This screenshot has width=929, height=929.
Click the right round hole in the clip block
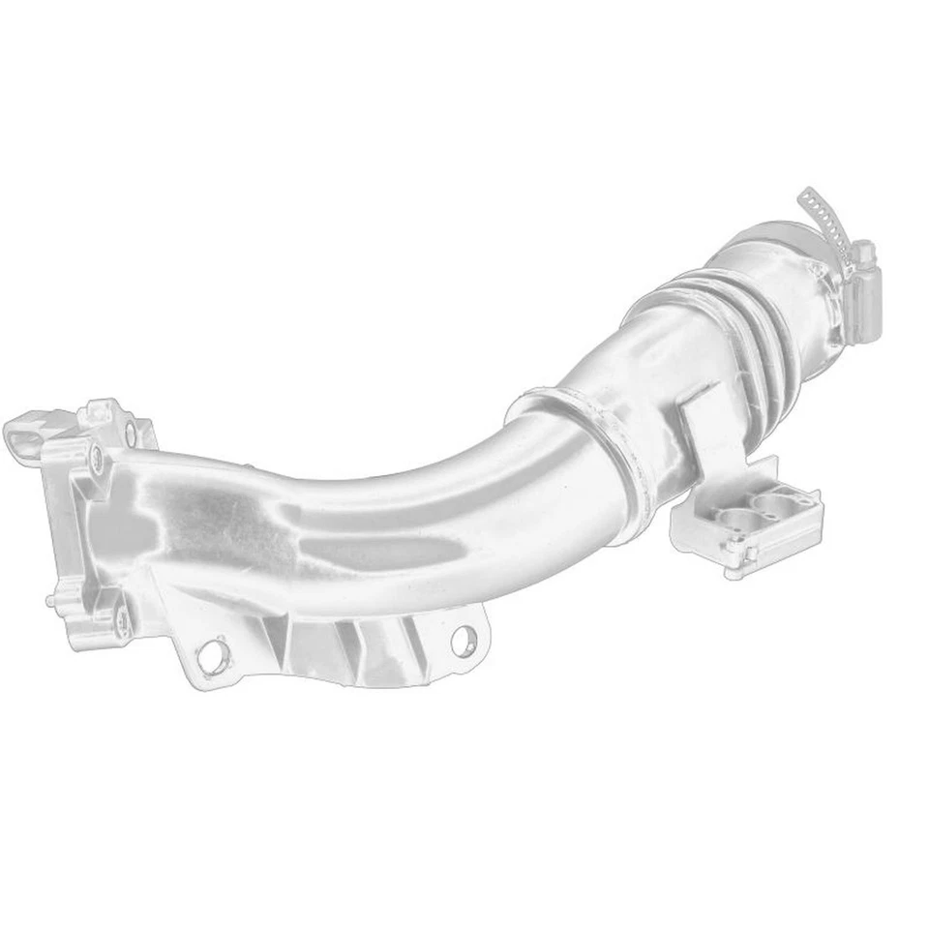pos(773,502)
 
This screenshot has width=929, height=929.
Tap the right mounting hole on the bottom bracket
pos(463,638)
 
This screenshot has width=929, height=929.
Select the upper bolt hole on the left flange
pos(96,459)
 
